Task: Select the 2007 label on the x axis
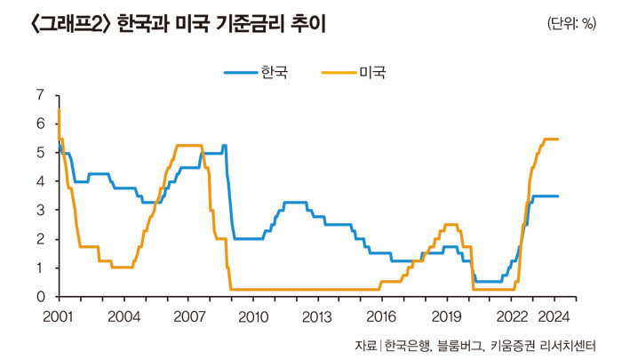(x=188, y=316)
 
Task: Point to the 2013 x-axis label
(x=317, y=316)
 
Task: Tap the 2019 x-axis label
(x=446, y=316)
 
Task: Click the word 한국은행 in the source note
(x=405, y=344)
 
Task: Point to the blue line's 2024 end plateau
(x=546, y=196)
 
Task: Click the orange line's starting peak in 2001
(x=59, y=110)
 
